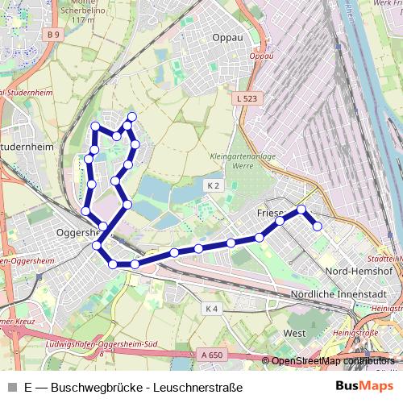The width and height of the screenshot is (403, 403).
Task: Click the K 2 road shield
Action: (213, 185)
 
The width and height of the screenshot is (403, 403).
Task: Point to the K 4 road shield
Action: (211, 309)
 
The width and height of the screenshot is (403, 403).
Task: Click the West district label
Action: (295, 332)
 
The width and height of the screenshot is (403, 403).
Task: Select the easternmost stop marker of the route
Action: (317, 226)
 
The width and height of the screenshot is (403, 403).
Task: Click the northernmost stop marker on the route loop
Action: (132, 117)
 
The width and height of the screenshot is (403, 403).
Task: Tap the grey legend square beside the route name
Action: (12, 387)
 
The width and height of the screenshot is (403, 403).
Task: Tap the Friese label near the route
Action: (271, 214)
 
